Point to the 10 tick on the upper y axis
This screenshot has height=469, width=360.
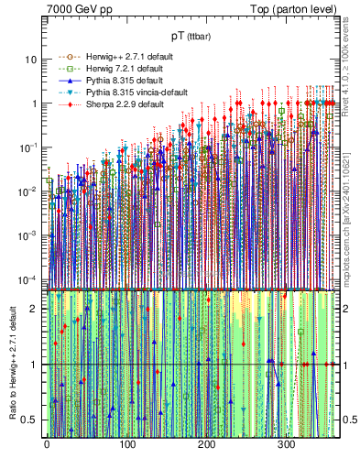point(30,60)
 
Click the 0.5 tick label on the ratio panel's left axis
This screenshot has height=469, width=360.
point(30,420)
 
